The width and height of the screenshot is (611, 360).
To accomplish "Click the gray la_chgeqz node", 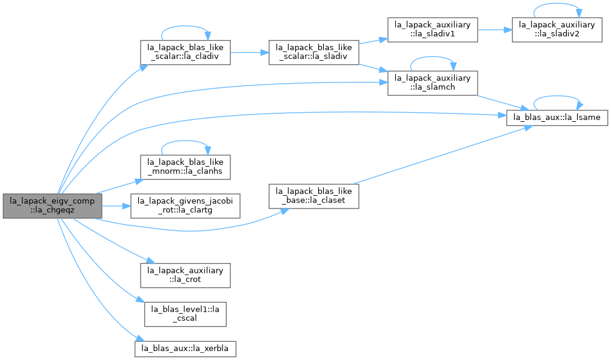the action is click(52, 205).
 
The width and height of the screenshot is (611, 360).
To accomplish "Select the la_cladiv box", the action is click(185, 52).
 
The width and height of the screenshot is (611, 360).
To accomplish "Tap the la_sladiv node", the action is click(314, 52).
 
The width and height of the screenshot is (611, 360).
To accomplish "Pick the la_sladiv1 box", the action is click(433, 30).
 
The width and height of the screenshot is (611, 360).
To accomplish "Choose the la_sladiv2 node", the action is click(557, 30).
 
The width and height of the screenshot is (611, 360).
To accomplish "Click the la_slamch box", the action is click(433, 83).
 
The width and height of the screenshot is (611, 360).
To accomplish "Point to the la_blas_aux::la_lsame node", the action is click(557, 118).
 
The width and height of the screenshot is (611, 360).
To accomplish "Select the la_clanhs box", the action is click(185, 167).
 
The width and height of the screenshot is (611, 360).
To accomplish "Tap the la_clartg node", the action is click(185, 205).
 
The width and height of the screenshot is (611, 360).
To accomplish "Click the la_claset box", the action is click(314, 196).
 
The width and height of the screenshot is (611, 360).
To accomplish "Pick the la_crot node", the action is click(185, 275).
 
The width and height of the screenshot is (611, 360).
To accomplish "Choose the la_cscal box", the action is click(185, 314).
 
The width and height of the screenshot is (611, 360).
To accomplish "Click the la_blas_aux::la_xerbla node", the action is click(185, 348).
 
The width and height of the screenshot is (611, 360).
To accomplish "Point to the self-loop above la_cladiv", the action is click(185, 26).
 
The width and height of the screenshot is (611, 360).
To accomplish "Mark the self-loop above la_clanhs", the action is click(185, 141).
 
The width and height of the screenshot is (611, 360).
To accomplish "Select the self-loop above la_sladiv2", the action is click(557, 4).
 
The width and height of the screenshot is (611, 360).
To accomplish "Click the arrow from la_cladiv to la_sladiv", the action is click(249, 52).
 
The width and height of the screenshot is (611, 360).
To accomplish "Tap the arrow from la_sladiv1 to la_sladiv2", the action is click(495, 30).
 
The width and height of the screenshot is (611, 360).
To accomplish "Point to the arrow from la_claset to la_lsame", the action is click(442, 155).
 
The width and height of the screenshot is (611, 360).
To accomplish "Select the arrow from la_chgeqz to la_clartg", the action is click(116, 205).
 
